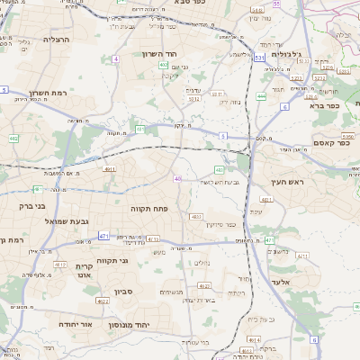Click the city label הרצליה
[56, 40]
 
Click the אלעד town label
[284, 282]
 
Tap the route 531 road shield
[258, 57]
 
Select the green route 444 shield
[261, 95]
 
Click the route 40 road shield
[178, 179]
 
